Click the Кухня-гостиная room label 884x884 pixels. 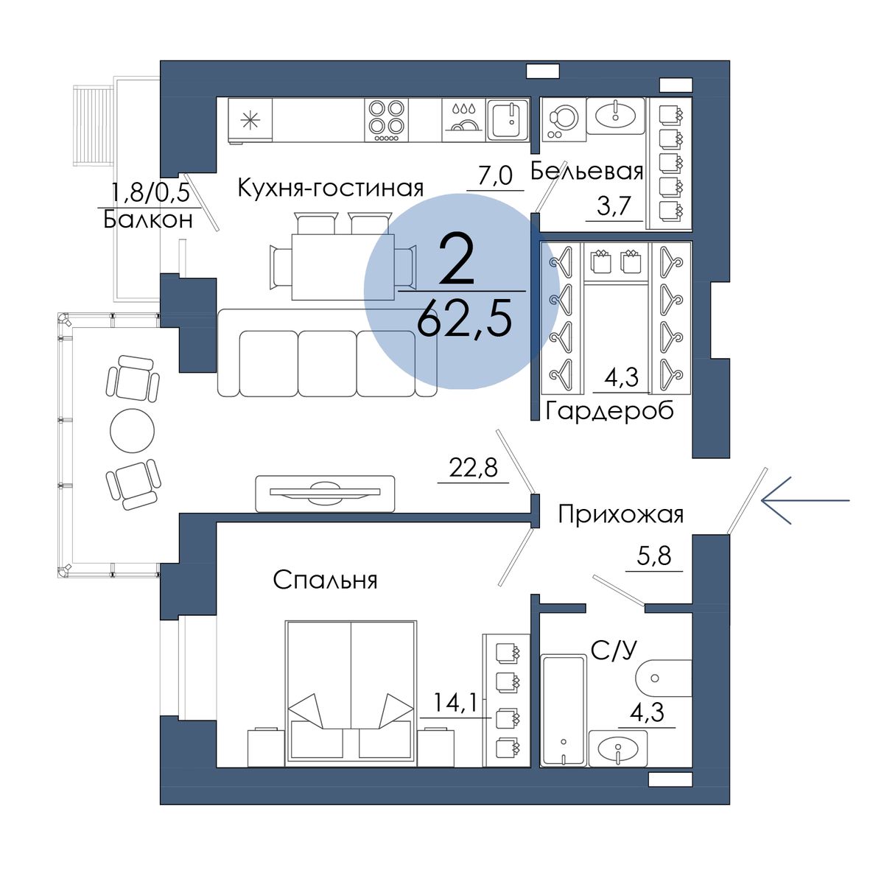330,188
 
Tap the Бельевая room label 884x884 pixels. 586,172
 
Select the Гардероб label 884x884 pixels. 610,410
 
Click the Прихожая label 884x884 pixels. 621,515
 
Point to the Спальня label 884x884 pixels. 325,580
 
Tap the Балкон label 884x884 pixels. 148,220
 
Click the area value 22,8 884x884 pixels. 473,469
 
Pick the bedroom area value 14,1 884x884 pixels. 455,704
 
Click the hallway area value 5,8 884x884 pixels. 653,556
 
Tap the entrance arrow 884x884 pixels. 805,500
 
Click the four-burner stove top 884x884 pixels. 386,120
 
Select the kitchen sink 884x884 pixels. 508,120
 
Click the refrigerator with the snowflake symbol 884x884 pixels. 250,121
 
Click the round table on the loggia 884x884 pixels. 132,431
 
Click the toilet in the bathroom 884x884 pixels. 663,678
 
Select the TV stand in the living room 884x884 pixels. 325,493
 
